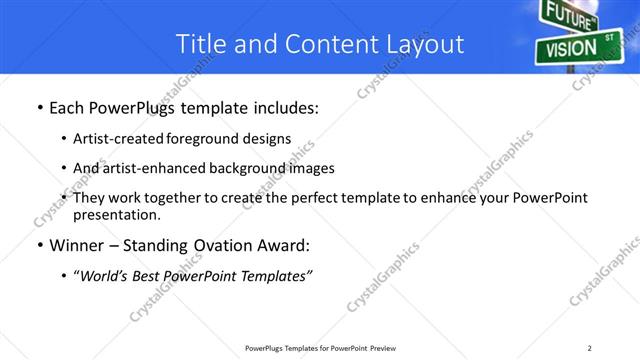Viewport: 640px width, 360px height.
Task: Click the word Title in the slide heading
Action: point(201,44)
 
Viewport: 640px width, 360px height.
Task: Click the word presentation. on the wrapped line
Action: point(116,215)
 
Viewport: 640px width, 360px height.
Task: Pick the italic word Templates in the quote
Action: point(274,276)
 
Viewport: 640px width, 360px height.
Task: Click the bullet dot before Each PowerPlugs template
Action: point(38,108)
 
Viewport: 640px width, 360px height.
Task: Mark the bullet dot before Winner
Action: point(38,246)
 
